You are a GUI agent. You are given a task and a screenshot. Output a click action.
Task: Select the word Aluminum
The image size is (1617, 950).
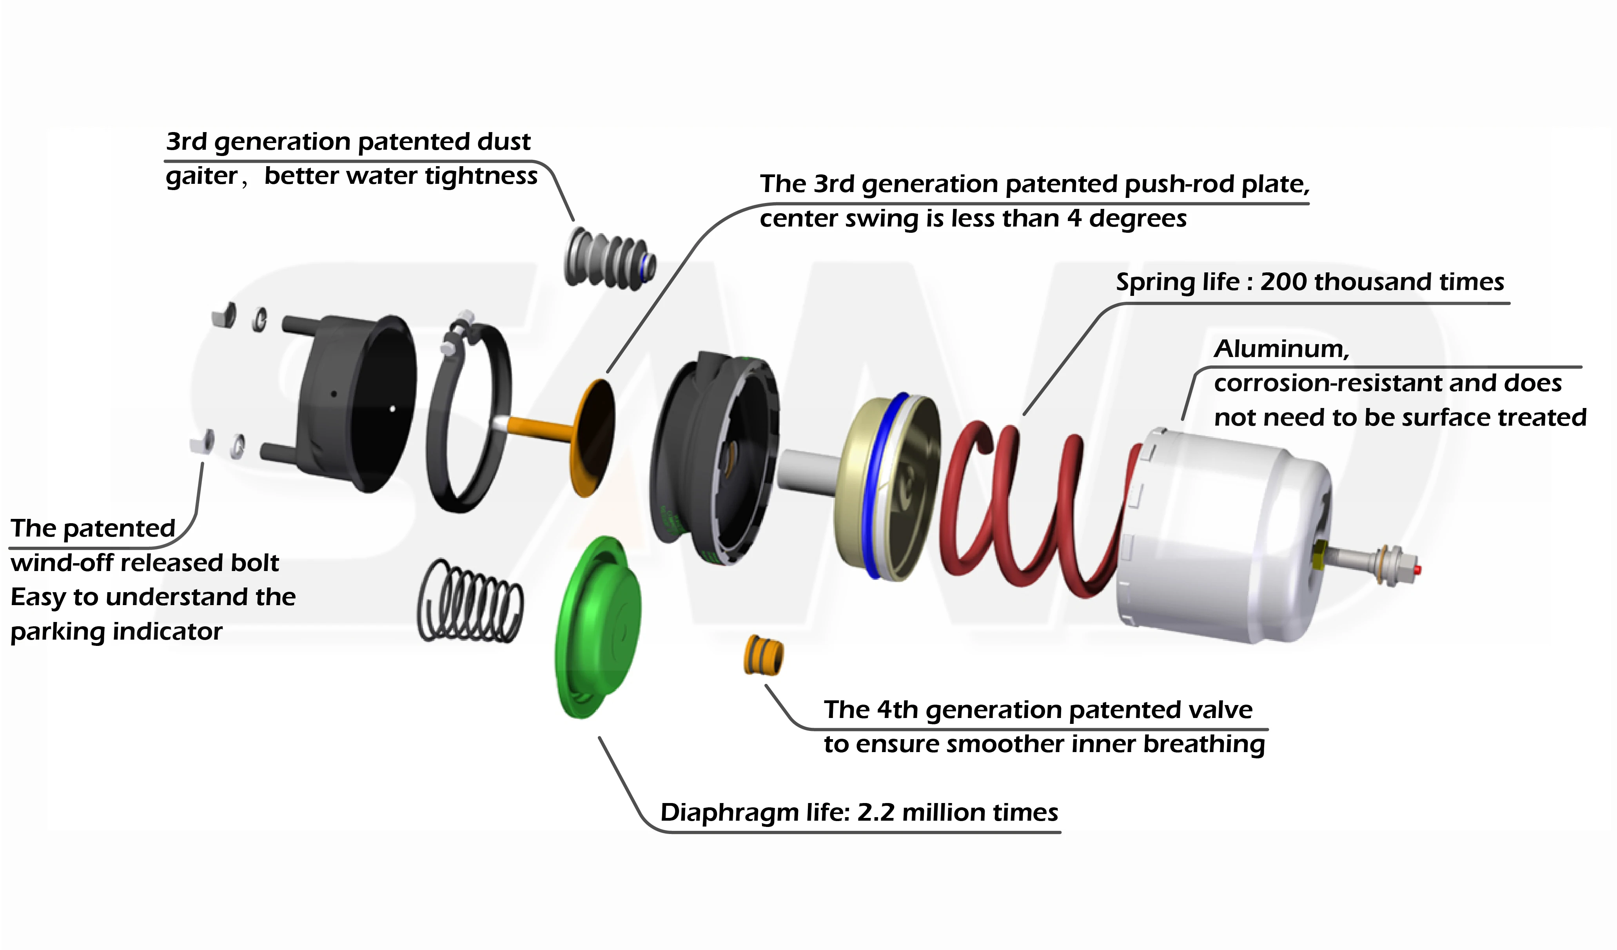coord(1281,349)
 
